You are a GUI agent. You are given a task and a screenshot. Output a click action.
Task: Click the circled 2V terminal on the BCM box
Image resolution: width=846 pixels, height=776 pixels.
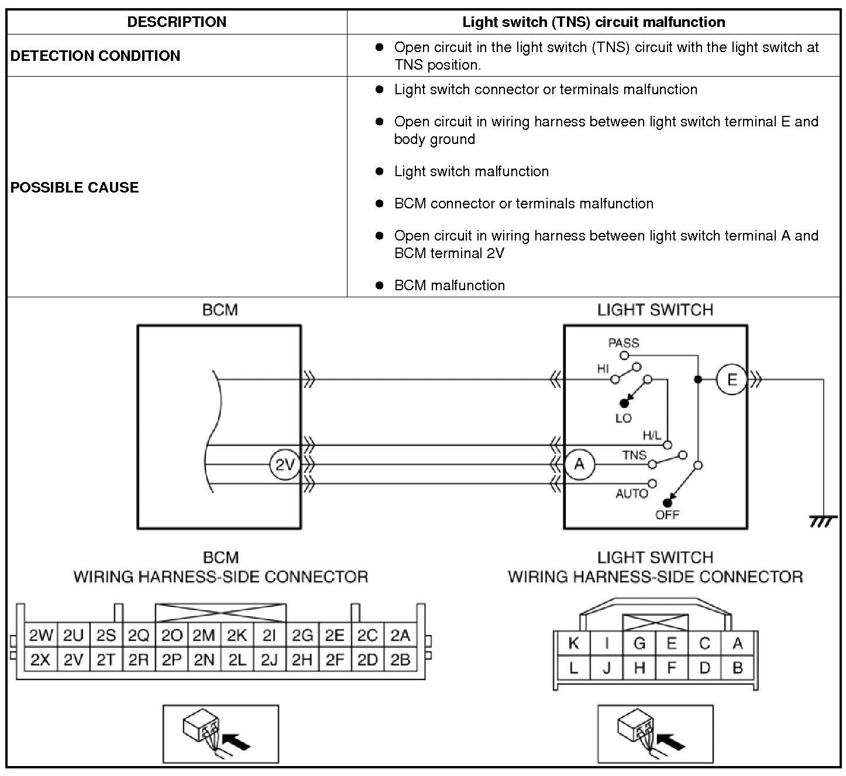point(284,465)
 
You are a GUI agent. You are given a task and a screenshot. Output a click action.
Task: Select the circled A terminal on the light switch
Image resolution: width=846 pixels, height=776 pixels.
point(579,465)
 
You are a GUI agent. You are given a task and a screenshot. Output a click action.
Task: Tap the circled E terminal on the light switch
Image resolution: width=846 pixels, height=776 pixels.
point(732,380)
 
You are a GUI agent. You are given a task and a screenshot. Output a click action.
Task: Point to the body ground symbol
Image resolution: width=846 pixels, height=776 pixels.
point(823,521)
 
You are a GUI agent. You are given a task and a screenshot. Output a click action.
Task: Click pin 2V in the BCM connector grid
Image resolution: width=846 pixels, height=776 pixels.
point(74,660)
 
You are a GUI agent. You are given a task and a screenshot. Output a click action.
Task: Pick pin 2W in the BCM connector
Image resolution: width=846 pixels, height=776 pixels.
point(41,636)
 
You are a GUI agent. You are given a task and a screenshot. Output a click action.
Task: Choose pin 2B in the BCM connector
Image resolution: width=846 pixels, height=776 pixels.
point(400,660)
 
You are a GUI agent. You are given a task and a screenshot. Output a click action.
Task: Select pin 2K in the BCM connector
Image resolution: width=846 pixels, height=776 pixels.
point(237,636)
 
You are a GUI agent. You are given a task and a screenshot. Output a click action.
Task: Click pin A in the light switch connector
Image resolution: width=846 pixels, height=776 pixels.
point(737,644)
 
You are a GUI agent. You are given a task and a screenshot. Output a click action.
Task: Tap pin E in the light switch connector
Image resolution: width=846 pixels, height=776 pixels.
point(672,644)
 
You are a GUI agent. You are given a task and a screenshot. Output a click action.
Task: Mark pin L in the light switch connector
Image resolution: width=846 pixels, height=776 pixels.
point(573,668)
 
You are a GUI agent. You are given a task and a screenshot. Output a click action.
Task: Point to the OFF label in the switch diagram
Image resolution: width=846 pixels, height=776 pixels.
point(667,515)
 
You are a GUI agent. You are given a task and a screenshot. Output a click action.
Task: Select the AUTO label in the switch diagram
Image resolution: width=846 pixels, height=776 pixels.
point(631,494)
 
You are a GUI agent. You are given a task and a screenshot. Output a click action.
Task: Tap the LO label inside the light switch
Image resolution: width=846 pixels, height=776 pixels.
point(624,418)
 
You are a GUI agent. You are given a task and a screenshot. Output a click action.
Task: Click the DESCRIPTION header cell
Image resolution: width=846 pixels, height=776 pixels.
point(177,22)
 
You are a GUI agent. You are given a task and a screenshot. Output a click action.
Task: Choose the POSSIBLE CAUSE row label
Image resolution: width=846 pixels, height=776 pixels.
point(75,187)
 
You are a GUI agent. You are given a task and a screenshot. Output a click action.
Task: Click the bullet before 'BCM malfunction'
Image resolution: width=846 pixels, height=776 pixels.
point(380,286)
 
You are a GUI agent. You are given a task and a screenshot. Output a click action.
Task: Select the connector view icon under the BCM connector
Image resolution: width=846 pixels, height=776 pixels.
point(221,734)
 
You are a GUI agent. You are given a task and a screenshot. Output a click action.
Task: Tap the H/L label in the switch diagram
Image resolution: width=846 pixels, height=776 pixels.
point(652,435)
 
